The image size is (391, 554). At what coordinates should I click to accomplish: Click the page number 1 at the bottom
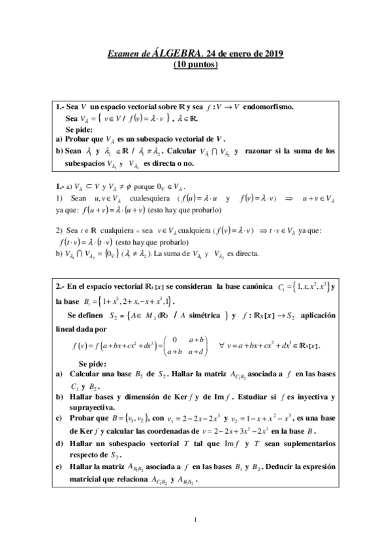point(196,520)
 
